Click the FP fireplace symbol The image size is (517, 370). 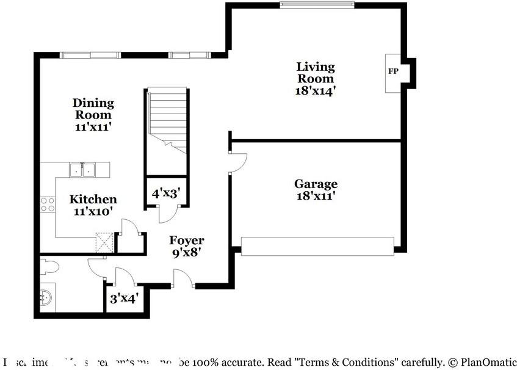pos(393,72)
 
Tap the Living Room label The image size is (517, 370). pos(316,73)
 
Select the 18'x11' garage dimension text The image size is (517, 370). pos(316,196)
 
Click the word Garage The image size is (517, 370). pos(316,184)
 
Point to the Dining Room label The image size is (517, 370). pos(93,109)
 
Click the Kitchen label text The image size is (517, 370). pos(93,200)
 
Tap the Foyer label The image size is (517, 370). pos(186,241)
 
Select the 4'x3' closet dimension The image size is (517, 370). pos(165,194)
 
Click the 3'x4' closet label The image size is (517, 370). pos(125,299)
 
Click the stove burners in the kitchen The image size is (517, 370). pos(46,204)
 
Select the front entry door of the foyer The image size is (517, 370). pos(184,280)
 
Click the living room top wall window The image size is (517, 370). pos(317,5)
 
